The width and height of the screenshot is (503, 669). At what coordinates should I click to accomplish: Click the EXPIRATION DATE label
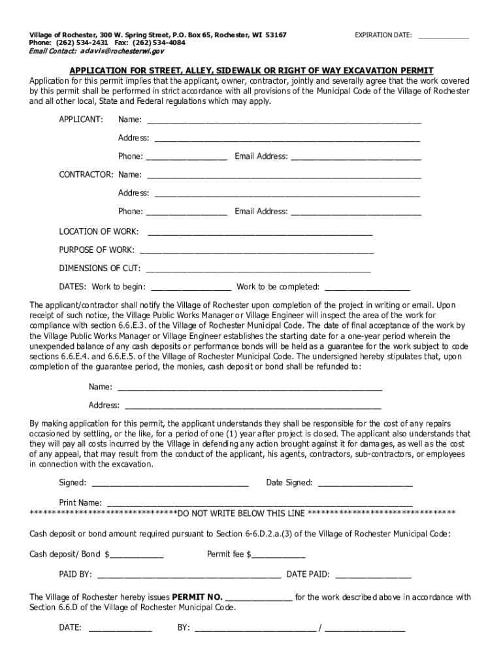click(x=383, y=35)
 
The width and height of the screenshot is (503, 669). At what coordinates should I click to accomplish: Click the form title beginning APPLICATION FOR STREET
click(x=252, y=71)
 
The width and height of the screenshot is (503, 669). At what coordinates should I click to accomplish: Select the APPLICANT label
click(x=81, y=120)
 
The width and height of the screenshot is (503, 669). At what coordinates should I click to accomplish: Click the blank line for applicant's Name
click(x=284, y=121)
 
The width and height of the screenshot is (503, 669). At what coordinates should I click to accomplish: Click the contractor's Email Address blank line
click(x=355, y=212)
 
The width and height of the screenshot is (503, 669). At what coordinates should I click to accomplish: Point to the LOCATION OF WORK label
click(x=99, y=231)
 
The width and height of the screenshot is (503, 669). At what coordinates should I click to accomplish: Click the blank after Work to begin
click(x=191, y=287)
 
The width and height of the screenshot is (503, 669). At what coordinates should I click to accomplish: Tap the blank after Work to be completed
click(x=367, y=287)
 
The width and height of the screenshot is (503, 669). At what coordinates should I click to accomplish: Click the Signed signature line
click(x=170, y=484)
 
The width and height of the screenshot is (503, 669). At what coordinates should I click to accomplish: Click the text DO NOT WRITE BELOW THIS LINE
click(x=242, y=513)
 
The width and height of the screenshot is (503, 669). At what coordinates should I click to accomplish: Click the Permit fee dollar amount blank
click(x=278, y=555)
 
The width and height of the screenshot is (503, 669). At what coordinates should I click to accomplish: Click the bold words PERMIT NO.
click(x=197, y=597)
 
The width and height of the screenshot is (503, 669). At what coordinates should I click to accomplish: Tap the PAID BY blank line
click(x=189, y=576)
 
